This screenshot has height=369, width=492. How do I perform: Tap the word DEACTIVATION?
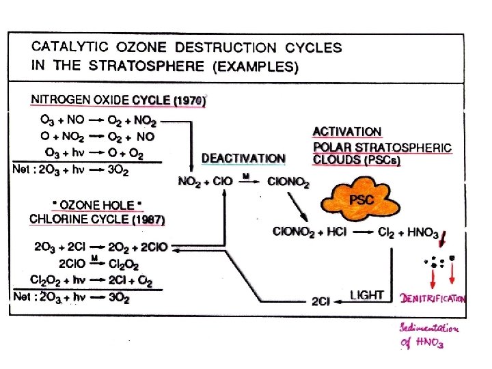(243, 159)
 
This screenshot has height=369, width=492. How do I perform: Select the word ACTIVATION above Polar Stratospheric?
(347, 132)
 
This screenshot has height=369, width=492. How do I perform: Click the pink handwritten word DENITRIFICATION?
(433, 299)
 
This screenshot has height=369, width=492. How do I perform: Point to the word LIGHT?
(367, 295)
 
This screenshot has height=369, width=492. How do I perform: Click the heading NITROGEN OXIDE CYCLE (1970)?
(118, 100)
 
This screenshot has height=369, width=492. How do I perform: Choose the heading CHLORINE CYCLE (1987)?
(97, 219)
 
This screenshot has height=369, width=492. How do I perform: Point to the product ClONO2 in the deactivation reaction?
(288, 182)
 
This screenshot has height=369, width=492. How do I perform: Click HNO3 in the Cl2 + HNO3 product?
(423, 233)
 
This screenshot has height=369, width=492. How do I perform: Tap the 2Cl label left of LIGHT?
(320, 300)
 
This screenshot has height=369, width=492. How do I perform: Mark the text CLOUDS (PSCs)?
(356, 161)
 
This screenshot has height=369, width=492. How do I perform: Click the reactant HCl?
(335, 232)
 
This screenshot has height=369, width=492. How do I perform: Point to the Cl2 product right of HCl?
(387, 232)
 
